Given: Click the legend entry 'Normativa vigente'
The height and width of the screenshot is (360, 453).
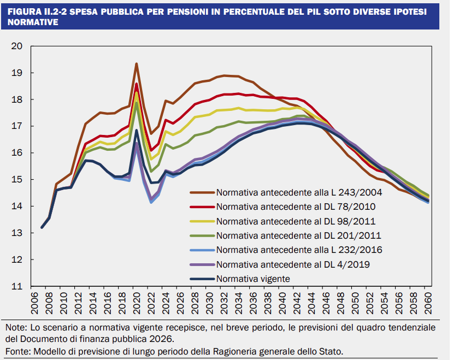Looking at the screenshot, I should (x=252, y=279).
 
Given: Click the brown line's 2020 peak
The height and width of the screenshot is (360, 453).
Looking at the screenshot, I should (x=136, y=64).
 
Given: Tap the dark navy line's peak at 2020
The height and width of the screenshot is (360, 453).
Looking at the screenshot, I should (x=136, y=131).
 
